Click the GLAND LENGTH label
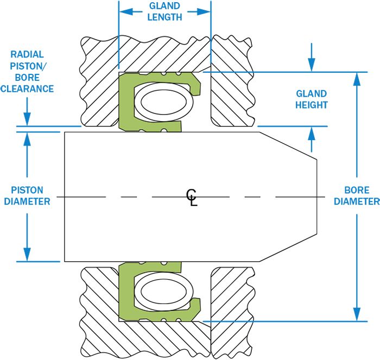click(165, 11)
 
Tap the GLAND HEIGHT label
click(312, 99)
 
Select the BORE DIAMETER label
click(357, 195)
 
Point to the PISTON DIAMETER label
click(27, 195)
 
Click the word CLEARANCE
click(27, 89)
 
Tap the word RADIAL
click(27, 54)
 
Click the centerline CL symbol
click(192, 197)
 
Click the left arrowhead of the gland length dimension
click(126, 11)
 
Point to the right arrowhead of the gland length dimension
click(203, 11)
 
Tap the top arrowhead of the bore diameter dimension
click(357, 79)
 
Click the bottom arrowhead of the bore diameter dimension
click(357, 314)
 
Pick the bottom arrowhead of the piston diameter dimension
click(27, 255)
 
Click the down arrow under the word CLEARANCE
click(27, 111)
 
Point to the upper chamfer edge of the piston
click(288, 146)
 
